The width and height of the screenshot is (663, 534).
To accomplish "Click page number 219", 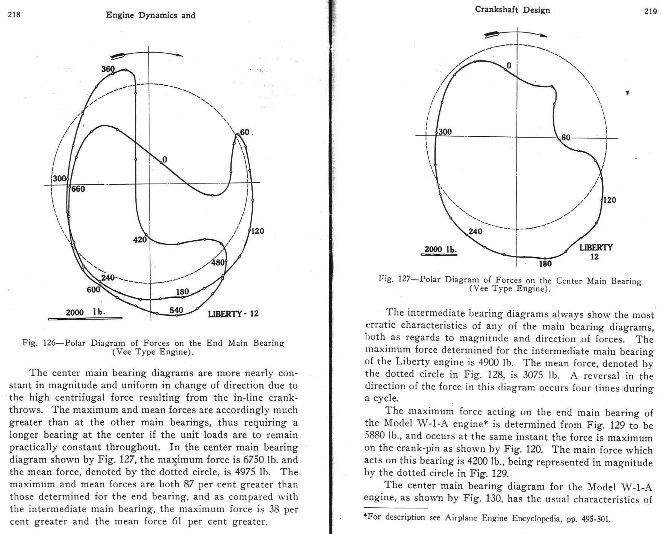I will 651,11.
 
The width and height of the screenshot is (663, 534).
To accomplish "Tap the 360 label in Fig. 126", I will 108,69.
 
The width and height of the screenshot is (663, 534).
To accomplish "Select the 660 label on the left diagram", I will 78,189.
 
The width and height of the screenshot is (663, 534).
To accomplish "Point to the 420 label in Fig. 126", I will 140,240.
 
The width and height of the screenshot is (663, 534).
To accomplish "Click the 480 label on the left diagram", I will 218,262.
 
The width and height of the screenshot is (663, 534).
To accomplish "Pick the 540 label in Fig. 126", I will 176,310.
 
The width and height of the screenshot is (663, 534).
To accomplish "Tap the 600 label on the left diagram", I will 94,290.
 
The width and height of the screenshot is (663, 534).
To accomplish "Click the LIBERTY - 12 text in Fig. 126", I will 233,314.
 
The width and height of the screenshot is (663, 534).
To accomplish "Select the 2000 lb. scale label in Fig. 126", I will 85,312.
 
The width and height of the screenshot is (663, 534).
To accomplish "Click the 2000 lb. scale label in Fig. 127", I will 440,249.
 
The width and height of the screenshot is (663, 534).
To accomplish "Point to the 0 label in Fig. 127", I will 509,66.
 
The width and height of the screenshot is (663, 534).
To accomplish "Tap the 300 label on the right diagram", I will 445,132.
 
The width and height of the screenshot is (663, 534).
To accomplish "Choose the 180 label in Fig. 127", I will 545,264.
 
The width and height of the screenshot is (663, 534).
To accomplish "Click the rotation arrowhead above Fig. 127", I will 543,36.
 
